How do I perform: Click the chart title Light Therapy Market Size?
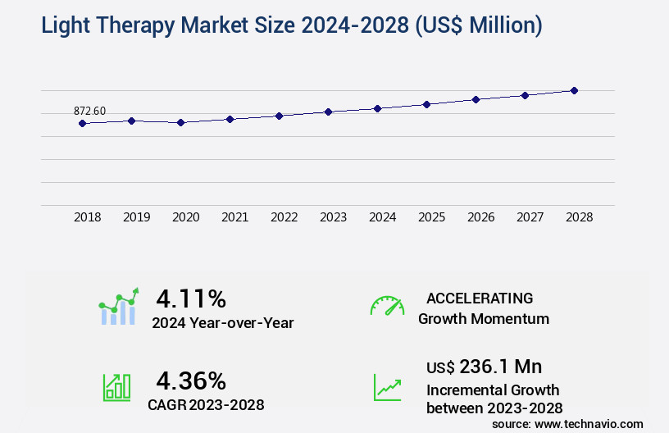291,25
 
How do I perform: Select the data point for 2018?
82,123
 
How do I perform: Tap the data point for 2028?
574,90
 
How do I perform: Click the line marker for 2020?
180,122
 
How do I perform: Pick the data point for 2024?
377,108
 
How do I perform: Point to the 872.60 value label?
89,112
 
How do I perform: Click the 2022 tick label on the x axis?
284,217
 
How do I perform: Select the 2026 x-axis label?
480,217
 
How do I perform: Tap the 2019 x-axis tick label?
136,217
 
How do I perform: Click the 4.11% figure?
191,298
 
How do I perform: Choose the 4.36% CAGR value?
191,381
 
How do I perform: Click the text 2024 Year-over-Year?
222,322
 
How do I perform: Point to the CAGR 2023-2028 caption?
206,404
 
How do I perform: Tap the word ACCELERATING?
480,298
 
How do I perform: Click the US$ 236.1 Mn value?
484,366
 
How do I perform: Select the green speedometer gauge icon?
387,306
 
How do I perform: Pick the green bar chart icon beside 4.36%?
116,387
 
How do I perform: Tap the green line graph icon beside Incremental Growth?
387,387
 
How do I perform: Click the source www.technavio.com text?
567,423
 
